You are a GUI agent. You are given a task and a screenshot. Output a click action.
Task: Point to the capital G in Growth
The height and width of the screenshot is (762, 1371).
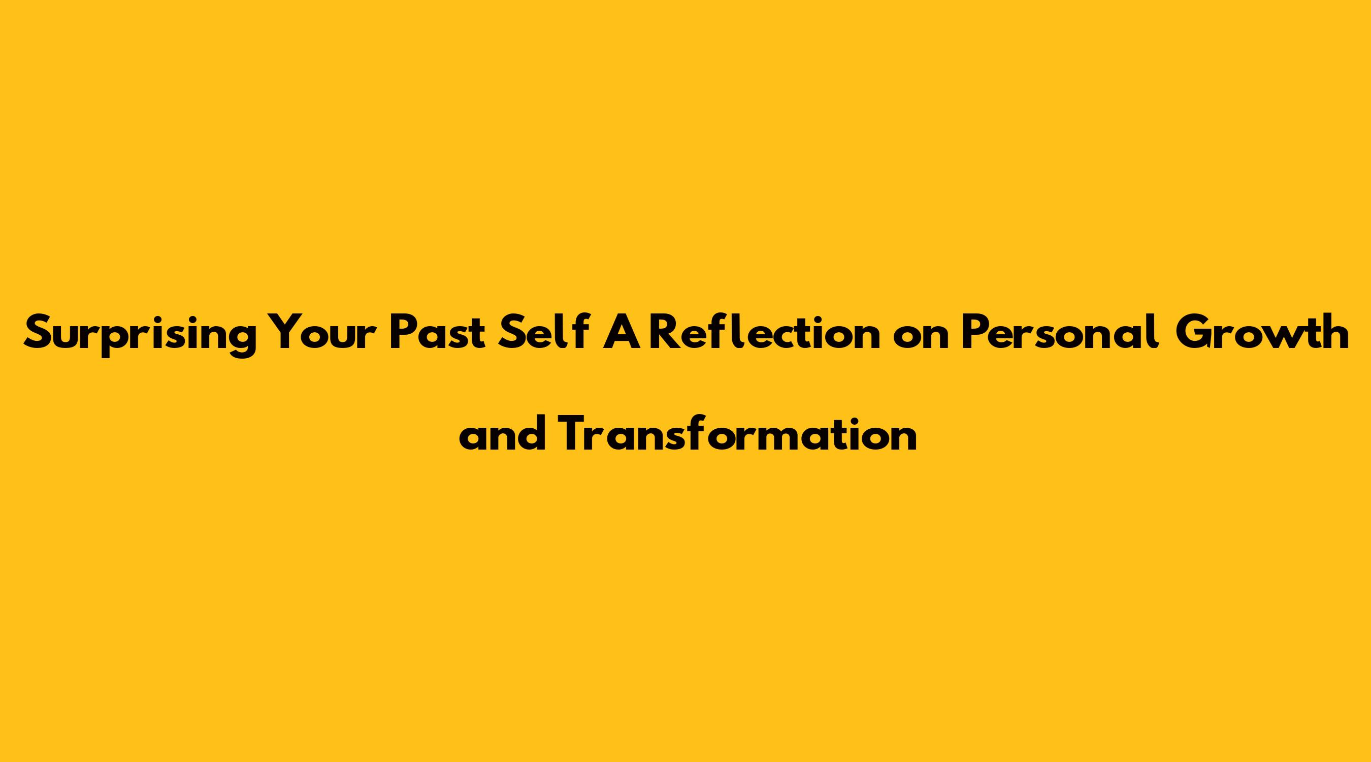click(x=1196, y=333)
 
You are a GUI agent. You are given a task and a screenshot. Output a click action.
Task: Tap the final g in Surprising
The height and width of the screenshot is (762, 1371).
click(x=242, y=341)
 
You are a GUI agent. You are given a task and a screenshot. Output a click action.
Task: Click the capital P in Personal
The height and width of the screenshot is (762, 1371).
click(x=975, y=333)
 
